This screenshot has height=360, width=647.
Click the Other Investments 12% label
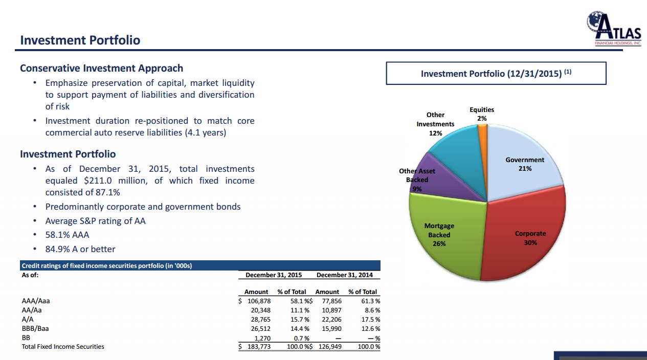[x=435, y=124]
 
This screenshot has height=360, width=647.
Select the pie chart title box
[x=496, y=73]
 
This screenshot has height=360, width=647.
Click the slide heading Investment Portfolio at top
[x=80, y=40]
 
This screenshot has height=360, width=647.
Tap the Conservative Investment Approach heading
[x=101, y=68]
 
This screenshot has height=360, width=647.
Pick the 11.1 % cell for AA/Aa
[x=300, y=310]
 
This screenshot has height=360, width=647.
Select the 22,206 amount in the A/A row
[x=331, y=320]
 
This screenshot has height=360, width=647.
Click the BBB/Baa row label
[x=35, y=329]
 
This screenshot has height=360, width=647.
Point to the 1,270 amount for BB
[x=262, y=338]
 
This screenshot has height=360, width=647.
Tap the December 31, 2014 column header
[x=345, y=275]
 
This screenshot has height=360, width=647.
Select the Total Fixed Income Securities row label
[x=63, y=347]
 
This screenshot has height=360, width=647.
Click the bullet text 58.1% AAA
[x=67, y=235]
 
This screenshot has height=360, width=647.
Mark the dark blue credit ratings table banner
[x=199, y=265]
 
